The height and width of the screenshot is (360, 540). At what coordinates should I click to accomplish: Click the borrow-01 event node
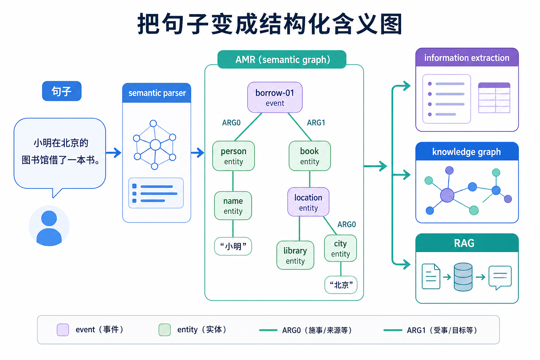point(275,97)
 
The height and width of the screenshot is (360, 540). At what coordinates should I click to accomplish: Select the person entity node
point(233,156)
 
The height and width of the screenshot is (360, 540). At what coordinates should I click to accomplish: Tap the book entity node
point(309,156)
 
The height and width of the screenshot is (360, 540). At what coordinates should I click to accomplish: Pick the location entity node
point(308,202)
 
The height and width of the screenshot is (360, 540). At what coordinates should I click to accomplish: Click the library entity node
point(295,255)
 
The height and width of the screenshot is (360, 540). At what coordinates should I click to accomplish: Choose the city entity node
point(340,248)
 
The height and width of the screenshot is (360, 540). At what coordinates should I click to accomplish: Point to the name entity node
point(233,206)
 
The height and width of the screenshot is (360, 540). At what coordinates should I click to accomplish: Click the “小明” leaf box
point(233,246)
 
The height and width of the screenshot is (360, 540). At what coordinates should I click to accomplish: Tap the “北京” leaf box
point(341,285)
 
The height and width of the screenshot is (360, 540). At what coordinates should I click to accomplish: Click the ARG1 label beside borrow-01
point(316,123)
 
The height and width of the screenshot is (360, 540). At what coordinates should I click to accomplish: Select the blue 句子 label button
point(62,91)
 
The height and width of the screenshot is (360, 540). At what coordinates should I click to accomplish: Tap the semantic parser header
point(157,93)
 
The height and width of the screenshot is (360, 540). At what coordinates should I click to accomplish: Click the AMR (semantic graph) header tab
point(282,59)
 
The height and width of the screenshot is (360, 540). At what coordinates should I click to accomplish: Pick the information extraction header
point(467,58)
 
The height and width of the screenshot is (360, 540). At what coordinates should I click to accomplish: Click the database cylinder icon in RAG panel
point(463,277)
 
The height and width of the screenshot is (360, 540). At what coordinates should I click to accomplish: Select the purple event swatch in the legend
point(63,330)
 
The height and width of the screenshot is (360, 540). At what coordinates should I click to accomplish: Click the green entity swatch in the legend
point(165,330)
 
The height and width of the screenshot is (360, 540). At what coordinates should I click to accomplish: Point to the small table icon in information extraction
point(494,98)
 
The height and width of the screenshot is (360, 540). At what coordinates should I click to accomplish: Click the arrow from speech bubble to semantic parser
point(113,153)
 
